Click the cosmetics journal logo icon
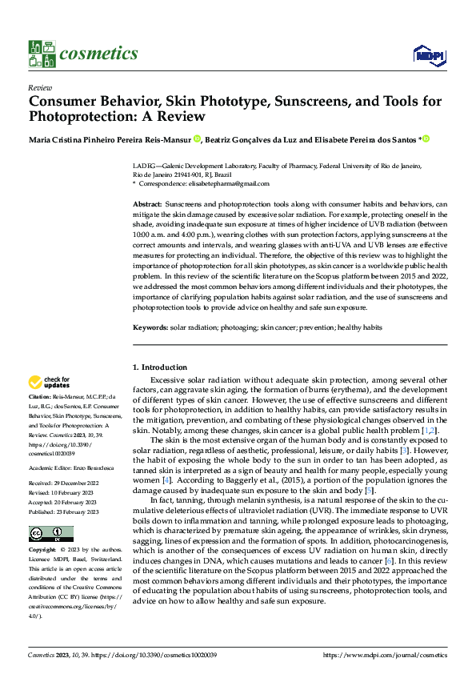(x=40, y=54)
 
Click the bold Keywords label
(x=150, y=328)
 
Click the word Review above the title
(x=40, y=88)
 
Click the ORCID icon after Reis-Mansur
(x=196, y=139)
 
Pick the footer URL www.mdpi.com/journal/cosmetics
(x=384, y=655)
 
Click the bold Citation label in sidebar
(x=39, y=397)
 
